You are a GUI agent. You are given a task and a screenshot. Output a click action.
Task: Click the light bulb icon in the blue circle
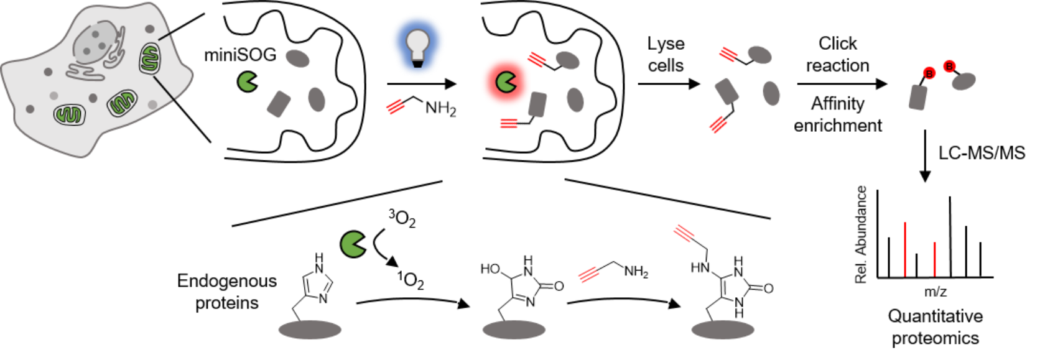[418, 47]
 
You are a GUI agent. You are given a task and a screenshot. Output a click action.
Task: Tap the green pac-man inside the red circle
[506, 82]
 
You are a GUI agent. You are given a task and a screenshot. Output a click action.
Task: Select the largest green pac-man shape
[353, 244]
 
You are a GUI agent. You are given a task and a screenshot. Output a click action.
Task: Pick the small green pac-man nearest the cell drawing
[247, 81]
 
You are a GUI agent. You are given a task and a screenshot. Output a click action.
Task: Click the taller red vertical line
[905, 249]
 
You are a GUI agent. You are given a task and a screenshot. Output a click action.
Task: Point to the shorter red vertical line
[934, 259]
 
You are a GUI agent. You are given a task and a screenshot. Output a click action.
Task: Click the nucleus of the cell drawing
[96, 42]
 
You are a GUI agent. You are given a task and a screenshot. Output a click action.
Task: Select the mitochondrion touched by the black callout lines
[149, 58]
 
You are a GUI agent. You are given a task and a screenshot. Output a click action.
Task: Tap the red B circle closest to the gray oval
[949, 66]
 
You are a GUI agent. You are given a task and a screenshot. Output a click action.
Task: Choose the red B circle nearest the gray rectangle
[929, 73]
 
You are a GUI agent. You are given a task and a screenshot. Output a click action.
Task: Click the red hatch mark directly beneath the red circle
[509, 124]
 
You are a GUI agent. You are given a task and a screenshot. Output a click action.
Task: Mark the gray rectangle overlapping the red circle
[537, 104]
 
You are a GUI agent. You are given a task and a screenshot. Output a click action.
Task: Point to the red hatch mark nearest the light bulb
[396, 107]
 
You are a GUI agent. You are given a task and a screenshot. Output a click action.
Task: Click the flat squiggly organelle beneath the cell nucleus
[86, 72]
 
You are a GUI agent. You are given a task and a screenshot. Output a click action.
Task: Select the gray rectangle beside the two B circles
[917, 98]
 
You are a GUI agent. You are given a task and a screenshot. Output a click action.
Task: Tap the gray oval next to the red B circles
[964, 81]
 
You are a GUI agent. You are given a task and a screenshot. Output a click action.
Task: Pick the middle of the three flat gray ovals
[514, 330]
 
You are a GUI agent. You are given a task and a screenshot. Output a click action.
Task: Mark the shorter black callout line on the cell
[165, 37]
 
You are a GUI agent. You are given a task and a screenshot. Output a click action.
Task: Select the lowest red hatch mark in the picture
[588, 274]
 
